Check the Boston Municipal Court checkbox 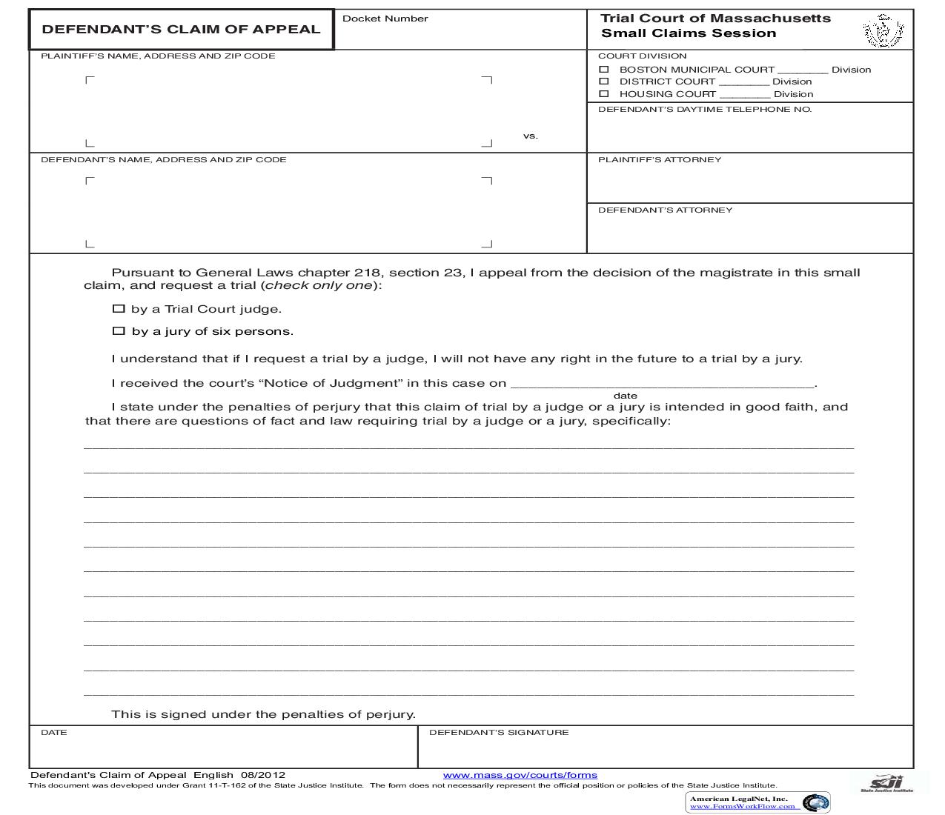click(x=604, y=69)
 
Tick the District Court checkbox click(x=604, y=81)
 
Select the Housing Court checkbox click(x=604, y=94)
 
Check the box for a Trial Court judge click(x=119, y=309)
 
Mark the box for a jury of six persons click(x=119, y=331)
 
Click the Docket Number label click(x=385, y=19)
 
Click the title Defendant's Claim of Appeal click(x=181, y=30)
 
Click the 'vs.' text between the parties click(x=530, y=136)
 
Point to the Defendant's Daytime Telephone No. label click(x=704, y=110)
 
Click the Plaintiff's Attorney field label click(x=659, y=160)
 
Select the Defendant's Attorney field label click(x=665, y=210)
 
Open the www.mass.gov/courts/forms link click(x=520, y=775)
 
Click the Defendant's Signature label click(x=499, y=733)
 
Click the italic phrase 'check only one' click(x=319, y=286)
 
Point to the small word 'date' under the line click(x=625, y=396)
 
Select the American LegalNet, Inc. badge click(x=757, y=802)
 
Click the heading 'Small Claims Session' click(x=689, y=33)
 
